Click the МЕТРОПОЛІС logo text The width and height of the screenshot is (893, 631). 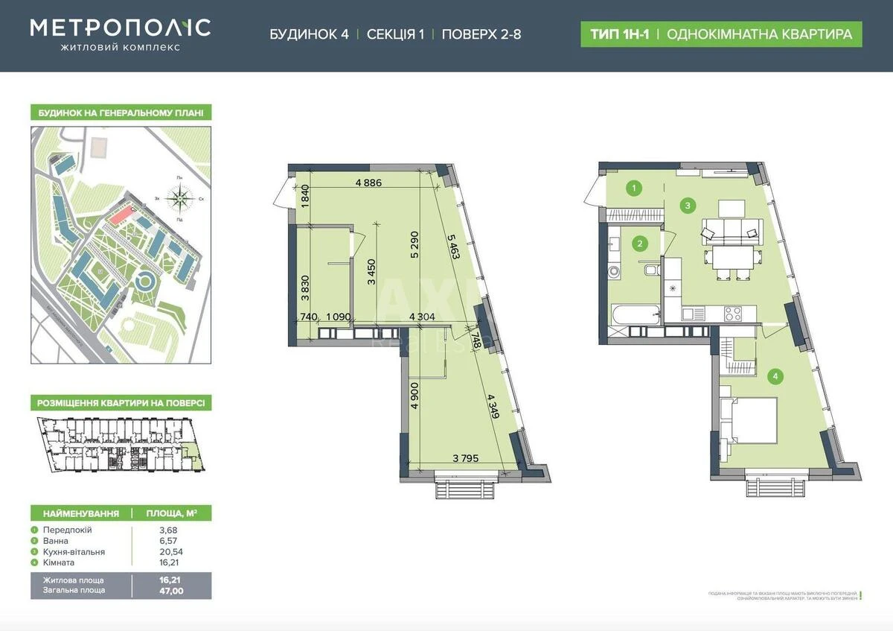point(120,28)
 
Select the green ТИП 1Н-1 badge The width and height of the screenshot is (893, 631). point(617,34)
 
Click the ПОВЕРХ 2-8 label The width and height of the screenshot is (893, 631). point(481,34)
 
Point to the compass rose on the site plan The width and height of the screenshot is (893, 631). point(179,198)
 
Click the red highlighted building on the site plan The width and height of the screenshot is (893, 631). point(119,215)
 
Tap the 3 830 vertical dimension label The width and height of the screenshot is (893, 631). point(305,286)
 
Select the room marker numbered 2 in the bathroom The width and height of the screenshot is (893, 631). point(638,242)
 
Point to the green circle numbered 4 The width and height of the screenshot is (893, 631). point(775,377)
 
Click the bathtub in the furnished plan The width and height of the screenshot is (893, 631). point(633,315)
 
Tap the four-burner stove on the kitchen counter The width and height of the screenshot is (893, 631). point(733,314)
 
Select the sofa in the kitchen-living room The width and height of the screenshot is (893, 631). point(732,229)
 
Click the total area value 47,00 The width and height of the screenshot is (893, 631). point(171,590)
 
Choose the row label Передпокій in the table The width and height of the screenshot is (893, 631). point(68,530)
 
